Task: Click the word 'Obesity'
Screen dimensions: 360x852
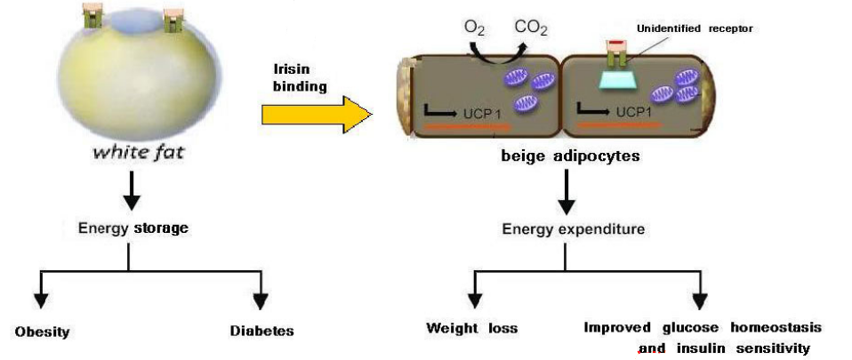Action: pos(42,332)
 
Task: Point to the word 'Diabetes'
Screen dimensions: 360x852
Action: pos(261,332)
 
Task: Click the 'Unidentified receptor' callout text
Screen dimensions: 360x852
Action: pos(695,28)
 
